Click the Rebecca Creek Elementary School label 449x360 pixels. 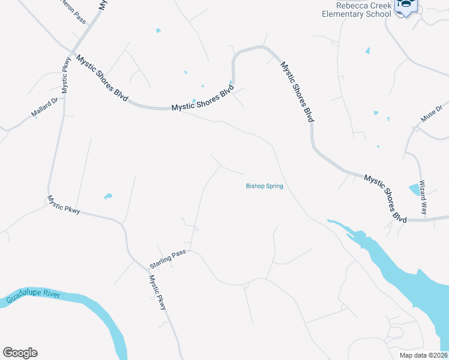coord(357,10)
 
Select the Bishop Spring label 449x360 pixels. coord(264,186)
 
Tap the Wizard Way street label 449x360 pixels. coord(423,198)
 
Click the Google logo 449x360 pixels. coord(20,353)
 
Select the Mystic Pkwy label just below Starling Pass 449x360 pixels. coord(157,292)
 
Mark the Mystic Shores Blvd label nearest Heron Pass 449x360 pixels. coord(101,78)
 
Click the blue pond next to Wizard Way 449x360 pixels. coord(414,190)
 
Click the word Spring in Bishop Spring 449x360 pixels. coord(273,186)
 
